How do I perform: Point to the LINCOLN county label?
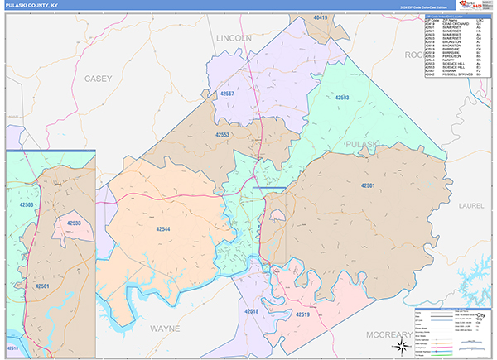(x=233, y=39)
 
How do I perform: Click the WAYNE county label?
(x=164, y=329)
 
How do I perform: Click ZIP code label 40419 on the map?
(x=321, y=17)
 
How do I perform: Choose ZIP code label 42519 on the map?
(x=300, y=315)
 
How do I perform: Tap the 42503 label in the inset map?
(x=27, y=204)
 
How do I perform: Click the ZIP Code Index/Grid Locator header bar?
(x=458, y=16)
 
